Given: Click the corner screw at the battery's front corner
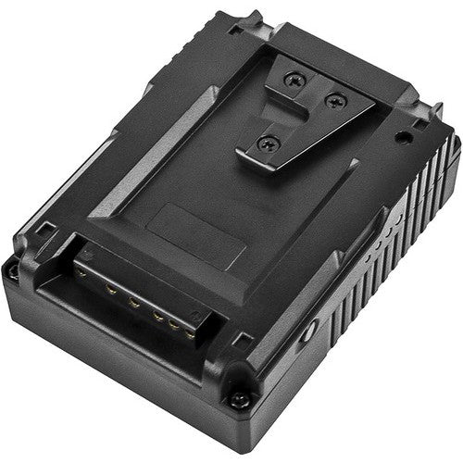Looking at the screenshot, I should (239, 400).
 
